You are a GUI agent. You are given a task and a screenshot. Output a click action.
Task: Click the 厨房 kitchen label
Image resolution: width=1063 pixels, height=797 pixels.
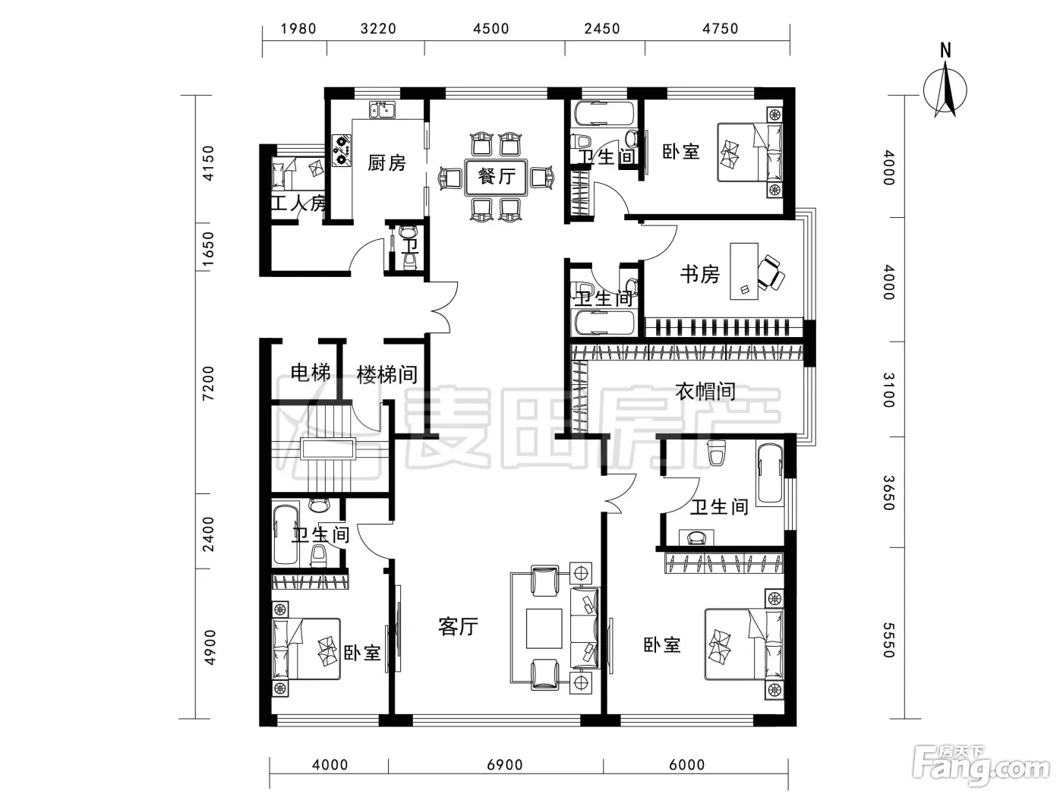(386, 163)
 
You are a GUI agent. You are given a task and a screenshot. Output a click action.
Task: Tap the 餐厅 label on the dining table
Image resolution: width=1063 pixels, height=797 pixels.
(497, 176)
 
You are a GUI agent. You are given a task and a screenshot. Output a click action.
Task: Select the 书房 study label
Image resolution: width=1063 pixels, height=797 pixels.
(700, 275)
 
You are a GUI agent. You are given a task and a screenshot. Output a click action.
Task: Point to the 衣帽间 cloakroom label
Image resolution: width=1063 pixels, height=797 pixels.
(705, 391)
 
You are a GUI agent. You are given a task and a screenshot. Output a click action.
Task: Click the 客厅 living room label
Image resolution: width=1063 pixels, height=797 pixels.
(458, 627)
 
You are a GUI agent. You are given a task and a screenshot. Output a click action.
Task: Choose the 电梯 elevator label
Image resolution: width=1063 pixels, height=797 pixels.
(311, 373)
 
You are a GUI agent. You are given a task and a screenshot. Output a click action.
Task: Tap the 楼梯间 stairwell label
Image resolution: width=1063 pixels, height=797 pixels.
(387, 374)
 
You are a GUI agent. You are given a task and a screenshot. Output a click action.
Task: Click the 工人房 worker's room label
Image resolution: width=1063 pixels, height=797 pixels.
(299, 203)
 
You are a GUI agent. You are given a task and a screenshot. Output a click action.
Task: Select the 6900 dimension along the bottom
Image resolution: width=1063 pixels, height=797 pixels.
(505, 764)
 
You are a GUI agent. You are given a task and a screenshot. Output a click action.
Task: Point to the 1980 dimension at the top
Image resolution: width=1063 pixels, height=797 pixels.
(298, 29)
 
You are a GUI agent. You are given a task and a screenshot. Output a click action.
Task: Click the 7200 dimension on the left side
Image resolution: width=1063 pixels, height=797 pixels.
(208, 383)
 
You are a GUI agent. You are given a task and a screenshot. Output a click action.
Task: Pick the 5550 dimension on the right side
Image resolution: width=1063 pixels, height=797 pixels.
(888, 640)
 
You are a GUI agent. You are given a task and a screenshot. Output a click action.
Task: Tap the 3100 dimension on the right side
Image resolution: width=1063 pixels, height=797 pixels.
(888, 389)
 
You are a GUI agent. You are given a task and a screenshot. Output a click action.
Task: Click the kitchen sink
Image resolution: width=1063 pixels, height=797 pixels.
(382, 110)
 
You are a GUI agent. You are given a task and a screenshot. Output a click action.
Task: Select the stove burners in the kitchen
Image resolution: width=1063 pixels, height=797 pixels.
(342, 150)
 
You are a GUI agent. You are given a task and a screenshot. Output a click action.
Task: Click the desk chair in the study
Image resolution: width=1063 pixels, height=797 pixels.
(771, 273)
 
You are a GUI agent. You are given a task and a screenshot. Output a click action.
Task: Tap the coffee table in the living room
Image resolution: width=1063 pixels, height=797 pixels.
(544, 628)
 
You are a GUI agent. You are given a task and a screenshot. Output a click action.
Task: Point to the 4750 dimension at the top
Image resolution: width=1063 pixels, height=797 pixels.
(720, 29)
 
